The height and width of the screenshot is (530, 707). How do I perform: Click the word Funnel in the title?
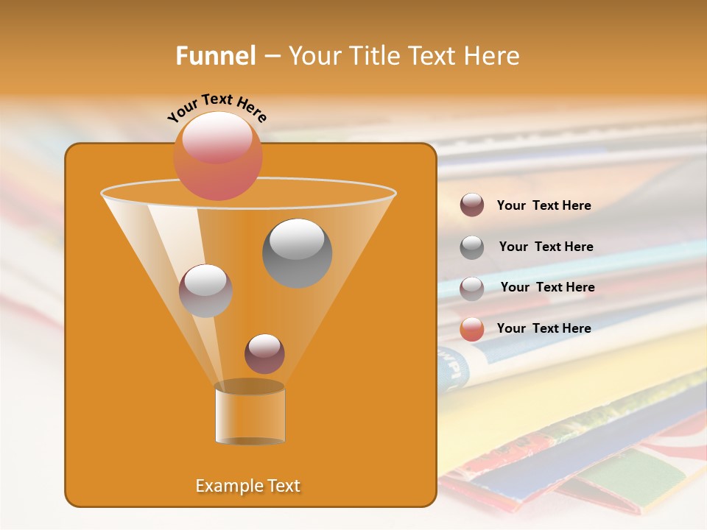(215, 56)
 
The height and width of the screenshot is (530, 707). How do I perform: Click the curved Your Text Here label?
(217, 107)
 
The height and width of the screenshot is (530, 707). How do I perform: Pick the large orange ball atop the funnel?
(217, 155)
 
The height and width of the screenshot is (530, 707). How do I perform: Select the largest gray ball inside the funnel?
(297, 252)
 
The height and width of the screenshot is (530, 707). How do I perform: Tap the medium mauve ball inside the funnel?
(205, 290)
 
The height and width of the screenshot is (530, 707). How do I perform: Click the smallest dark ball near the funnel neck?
(264, 353)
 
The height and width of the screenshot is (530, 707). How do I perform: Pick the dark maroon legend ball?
(472, 205)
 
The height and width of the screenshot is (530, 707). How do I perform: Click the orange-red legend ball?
(472, 329)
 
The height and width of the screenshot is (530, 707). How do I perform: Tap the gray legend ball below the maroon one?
(472, 247)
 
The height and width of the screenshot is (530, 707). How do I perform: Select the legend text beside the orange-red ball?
(544, 328)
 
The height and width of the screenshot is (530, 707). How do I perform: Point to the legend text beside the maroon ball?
(544, 205)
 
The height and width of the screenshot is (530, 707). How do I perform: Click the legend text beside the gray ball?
(546, 247)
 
